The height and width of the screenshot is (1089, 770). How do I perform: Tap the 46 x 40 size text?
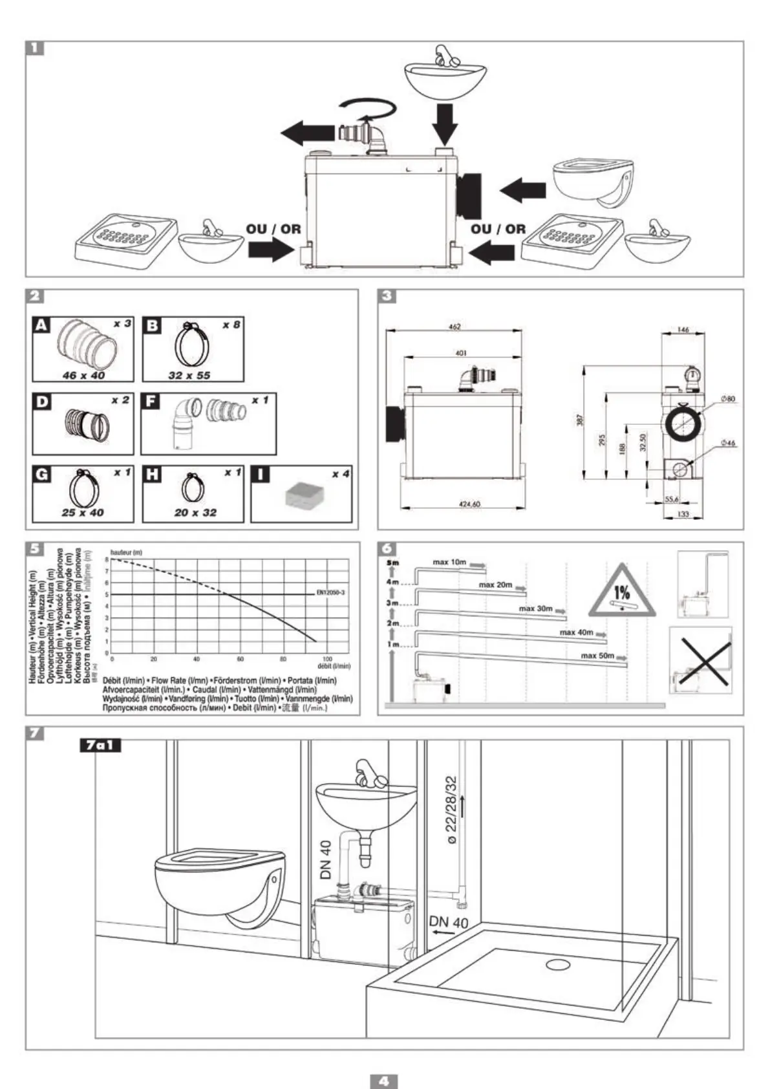83,375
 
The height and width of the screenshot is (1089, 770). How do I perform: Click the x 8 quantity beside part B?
230,324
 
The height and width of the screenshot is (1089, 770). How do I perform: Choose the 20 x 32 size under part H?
195,512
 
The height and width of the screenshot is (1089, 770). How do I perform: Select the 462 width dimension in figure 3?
455,327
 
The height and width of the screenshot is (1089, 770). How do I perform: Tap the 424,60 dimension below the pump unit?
469,504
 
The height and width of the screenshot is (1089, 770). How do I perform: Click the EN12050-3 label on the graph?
331,592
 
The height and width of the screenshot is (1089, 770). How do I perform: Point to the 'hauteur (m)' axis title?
126,553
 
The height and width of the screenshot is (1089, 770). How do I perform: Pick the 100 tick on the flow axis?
326,658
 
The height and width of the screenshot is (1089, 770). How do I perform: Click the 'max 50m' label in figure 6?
597,656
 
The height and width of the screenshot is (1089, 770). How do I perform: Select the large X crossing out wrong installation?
701,660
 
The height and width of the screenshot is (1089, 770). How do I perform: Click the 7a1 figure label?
100,746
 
